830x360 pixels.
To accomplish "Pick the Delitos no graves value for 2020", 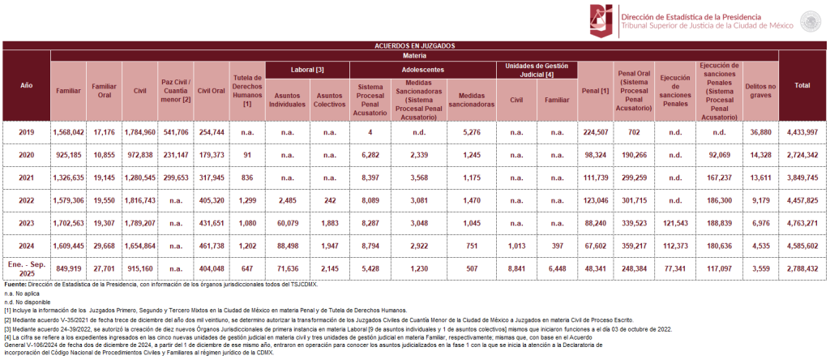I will coord(759,153).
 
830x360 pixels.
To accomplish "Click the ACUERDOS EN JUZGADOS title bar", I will coord(414,46).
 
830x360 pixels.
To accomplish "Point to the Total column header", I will coord(802,84).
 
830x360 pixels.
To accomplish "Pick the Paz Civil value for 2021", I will coord(175,175).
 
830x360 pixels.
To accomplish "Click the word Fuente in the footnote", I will coord(16,285).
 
